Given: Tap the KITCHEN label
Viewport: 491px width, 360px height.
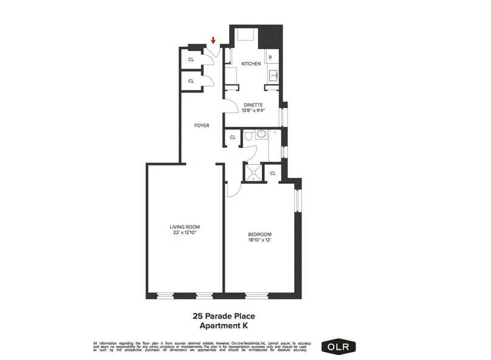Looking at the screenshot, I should [x=251, y=64].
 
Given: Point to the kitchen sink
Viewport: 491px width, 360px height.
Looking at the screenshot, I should [x=273, y=75].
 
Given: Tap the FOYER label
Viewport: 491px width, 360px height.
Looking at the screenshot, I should [x=202, y=126].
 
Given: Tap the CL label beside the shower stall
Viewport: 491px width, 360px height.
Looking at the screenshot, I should [x=272, y=173].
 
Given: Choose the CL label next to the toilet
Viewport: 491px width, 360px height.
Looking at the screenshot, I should [x=232, y=138].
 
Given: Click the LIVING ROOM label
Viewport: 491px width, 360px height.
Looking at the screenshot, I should [x=184, y=227].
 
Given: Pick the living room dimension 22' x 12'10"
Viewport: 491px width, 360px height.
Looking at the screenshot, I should [x=184, y=233].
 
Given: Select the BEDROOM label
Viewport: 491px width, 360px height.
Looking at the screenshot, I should [x=259, y=234].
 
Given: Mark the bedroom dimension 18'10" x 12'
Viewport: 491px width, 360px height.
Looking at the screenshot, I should [x=259, y=240].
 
